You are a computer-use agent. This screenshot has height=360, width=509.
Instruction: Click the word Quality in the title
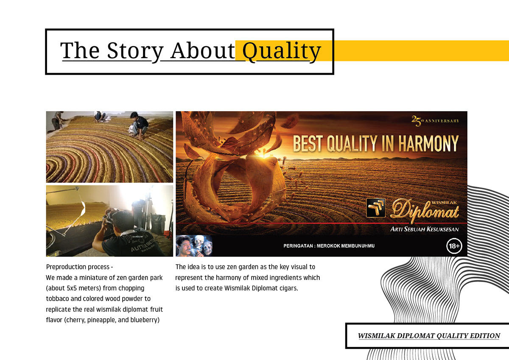(282, 52)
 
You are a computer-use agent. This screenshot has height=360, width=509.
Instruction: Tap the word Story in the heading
(135, 52)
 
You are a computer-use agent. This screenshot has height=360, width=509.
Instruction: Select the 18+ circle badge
(454, 246)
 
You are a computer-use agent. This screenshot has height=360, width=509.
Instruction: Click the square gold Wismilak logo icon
(376, 208)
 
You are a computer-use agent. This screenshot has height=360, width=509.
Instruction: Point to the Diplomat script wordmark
(425, 211)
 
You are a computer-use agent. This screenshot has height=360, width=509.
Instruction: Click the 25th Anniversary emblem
(435, 121)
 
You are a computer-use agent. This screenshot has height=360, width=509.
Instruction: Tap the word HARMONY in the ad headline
(428, 144)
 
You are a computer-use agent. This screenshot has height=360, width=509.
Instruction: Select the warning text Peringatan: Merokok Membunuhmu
(329, 246)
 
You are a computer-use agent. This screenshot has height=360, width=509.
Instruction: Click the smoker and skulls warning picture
(194, 246)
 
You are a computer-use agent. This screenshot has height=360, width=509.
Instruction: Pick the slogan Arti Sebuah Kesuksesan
(425, 229)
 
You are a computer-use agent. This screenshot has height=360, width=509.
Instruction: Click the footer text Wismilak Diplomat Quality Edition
(429, 336)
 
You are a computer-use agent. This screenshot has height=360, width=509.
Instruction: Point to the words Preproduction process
(78, 267)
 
